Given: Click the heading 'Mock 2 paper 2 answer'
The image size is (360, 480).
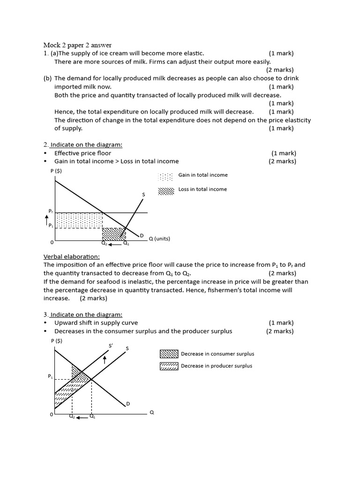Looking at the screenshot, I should (77, 45).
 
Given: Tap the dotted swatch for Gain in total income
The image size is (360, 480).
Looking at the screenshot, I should (165, 177).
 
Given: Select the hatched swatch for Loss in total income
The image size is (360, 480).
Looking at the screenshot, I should (165, 191).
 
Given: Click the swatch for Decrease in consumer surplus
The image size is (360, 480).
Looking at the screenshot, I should (169, 354).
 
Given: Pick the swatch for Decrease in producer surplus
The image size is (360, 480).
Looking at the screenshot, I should (169, 366).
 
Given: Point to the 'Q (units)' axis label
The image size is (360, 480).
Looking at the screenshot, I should (159, 239).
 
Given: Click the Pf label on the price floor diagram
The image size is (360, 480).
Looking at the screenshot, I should (51, 211).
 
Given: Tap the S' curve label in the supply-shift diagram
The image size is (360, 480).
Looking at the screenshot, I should (111, 346).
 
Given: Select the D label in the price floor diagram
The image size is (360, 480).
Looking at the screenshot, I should (141, 235).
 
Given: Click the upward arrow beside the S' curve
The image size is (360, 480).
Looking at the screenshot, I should (105, 360).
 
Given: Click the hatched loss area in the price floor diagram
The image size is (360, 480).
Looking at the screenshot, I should (113, 233).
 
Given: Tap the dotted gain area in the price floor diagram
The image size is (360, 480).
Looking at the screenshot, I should (79, 220).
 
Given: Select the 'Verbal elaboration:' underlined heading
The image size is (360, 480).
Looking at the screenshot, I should (71, 256).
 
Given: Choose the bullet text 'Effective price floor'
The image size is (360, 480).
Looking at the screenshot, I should (82, 153).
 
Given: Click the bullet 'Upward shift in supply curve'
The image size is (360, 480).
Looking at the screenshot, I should (96, 323).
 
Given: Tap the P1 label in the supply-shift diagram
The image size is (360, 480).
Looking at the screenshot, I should (51, 376).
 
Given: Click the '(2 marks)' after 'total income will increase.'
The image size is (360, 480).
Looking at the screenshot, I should (93, 298).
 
